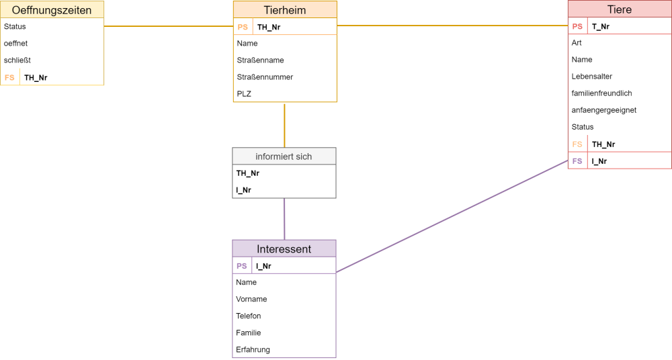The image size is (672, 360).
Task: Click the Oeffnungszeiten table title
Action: click(52, 10)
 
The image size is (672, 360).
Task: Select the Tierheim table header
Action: click(285, 10)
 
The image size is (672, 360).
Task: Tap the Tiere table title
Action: click(620, 9)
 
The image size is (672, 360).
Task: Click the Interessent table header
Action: click(284, 249)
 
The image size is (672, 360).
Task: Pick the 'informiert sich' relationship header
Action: click(284, 156)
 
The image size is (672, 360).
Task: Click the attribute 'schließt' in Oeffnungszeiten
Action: click(17, 60)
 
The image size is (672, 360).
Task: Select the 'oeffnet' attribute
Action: click(16, 43)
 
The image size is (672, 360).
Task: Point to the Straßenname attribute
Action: click(261, 60)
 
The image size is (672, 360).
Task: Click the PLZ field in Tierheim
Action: click(244, 94)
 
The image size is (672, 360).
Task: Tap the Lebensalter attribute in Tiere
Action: click(592, 77)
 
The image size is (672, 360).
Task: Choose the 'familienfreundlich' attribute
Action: click(601, 93)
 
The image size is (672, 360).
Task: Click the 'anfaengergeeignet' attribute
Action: click(604, 110)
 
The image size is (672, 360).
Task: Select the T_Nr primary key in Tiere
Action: click(600, 27)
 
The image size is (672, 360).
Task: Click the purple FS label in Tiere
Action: click(577, 161)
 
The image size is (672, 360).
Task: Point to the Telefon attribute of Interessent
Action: click(248, 316)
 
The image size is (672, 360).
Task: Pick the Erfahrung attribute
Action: click(253, 350)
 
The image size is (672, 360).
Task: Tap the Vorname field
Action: click(251, 299)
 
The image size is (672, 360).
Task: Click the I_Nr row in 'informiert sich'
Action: click(243, 190)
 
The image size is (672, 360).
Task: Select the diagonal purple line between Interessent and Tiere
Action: click(452, 216)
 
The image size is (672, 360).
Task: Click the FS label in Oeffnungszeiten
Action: click(9, 77)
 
